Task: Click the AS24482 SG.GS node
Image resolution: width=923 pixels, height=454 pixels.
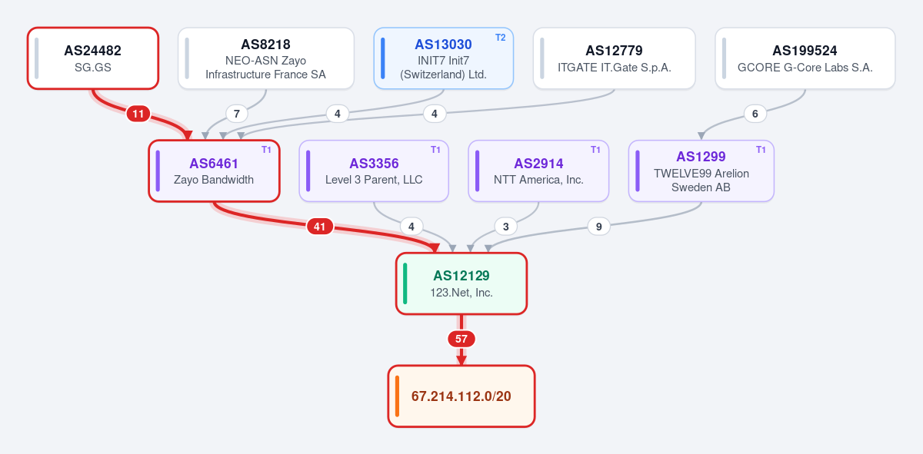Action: point(93,58)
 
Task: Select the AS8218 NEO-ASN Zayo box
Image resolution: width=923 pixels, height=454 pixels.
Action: point(266,58)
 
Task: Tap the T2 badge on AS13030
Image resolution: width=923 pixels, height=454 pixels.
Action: point(500,38)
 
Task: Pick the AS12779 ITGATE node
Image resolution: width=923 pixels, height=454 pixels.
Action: point(614,58)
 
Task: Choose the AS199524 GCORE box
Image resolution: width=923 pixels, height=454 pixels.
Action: point(805,58)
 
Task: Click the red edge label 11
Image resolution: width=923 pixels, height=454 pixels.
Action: point(138,114)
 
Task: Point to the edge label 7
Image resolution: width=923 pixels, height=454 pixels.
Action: point(237,114)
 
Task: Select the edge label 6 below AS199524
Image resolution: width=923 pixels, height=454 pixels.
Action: point(755,114)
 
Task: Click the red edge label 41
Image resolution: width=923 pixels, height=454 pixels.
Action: point(320,227)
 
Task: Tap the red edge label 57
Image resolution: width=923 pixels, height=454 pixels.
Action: point(461,339)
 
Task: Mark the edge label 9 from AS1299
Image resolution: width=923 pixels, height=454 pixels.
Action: point(598,227)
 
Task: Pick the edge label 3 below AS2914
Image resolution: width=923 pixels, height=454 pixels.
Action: point(505,227)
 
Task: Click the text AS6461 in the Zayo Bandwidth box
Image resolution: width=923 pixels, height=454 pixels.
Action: point(214,164)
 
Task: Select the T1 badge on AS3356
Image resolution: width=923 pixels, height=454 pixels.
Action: point(435,150)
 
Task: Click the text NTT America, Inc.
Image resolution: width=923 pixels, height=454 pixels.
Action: point(538,180)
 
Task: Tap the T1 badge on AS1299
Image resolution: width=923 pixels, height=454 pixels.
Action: point(761,150)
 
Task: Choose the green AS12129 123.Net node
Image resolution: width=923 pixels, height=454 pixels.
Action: point(461,283)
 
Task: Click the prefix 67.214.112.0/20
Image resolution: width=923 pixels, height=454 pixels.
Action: point(461,396)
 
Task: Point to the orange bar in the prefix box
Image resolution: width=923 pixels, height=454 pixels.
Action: point(397,396)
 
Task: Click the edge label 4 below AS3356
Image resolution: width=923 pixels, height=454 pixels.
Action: point(412,227)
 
